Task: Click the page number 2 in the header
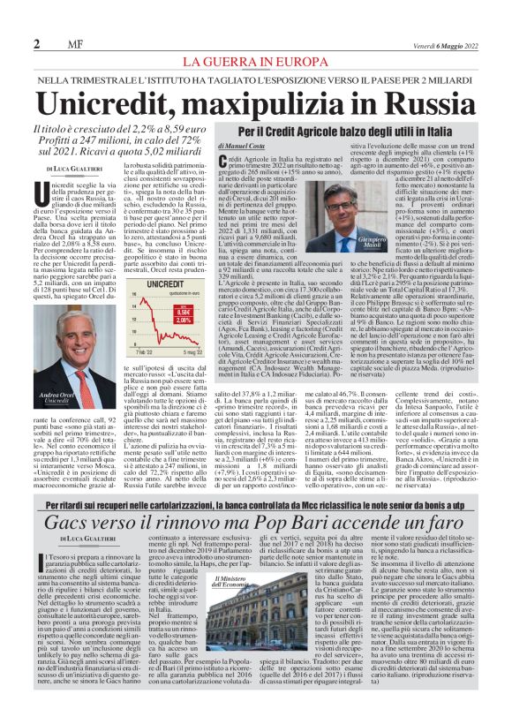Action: point(36,44)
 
